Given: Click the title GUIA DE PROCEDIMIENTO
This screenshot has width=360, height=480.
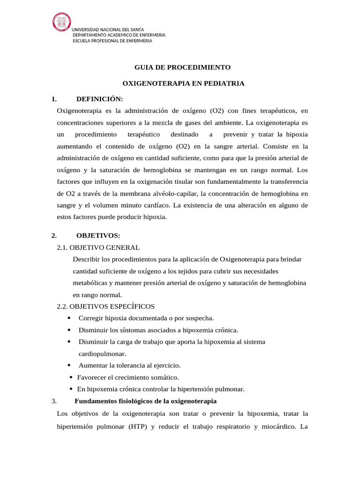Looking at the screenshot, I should [183, 67].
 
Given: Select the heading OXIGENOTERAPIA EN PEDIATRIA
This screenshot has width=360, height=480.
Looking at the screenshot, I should [183, 83].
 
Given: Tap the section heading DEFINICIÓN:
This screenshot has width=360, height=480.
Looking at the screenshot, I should [99, 99].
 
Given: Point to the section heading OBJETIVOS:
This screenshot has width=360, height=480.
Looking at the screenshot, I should [98, 235].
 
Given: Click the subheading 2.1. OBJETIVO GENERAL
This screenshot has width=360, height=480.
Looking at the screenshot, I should [98, 247].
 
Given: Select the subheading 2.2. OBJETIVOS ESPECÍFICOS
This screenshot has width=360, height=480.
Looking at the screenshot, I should [105, 307].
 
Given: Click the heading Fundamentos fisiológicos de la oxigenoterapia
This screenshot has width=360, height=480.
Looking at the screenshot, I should [145, 401].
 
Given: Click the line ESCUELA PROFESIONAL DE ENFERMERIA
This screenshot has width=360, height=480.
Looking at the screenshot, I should [112, 41].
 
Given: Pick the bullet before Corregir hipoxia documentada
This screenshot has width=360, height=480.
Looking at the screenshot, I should [69, 318].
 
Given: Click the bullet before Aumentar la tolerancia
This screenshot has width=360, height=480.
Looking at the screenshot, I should [69, 365].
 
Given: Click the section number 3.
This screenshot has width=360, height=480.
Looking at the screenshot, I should [54, 401].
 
